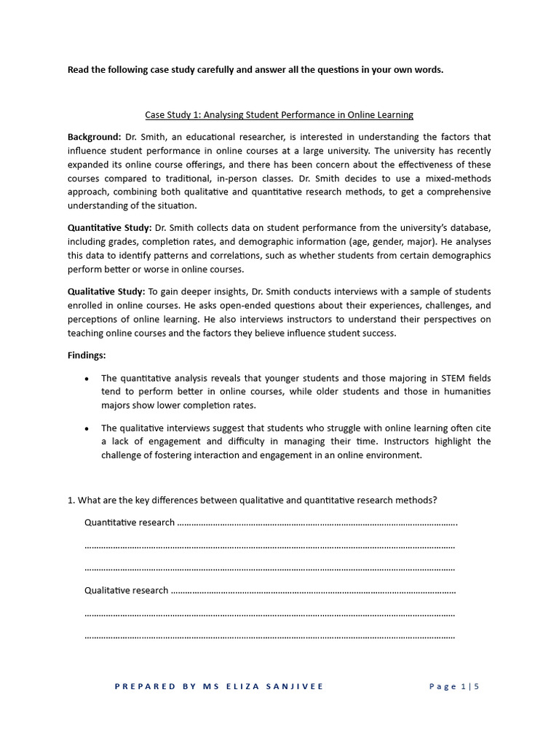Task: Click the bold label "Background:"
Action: point(95,137)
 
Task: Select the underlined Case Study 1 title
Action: point(279,114)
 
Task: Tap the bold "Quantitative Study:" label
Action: point(109,228)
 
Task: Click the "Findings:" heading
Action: point(87,356)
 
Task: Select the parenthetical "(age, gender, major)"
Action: point(394,242)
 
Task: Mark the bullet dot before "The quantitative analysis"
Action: point(87,379)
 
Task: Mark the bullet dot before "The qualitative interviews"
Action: point(87,428)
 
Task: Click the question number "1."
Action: point(71,500)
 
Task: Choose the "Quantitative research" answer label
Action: point(130,522)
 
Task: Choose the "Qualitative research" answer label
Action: point(127,591)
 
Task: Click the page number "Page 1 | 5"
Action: point(454,686)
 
